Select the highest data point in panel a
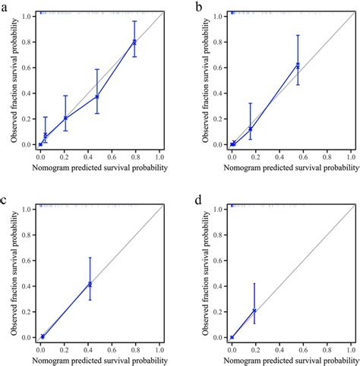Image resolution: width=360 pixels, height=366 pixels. [134, 42]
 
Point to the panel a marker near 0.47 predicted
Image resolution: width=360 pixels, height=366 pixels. [97, 96]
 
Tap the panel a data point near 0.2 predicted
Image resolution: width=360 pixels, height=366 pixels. [66, 118]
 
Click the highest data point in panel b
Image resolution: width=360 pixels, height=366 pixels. [298, 65]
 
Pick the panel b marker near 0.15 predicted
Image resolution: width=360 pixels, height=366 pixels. [250, 128]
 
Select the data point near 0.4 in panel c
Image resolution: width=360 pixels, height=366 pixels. [90, 284]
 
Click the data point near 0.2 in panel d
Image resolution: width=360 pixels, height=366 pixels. [254, 311]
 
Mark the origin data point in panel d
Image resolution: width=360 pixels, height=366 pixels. [232, 337]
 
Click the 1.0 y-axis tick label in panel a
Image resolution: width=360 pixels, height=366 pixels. [27, 16]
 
